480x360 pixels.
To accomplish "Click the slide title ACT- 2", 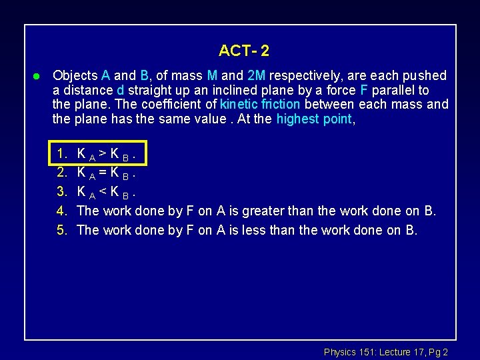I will (x=243, y=51).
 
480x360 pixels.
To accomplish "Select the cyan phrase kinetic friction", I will (x=261, y=105).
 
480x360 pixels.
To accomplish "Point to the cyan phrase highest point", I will (x=313, y=119).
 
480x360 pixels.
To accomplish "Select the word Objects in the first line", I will (x=75, y=75).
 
